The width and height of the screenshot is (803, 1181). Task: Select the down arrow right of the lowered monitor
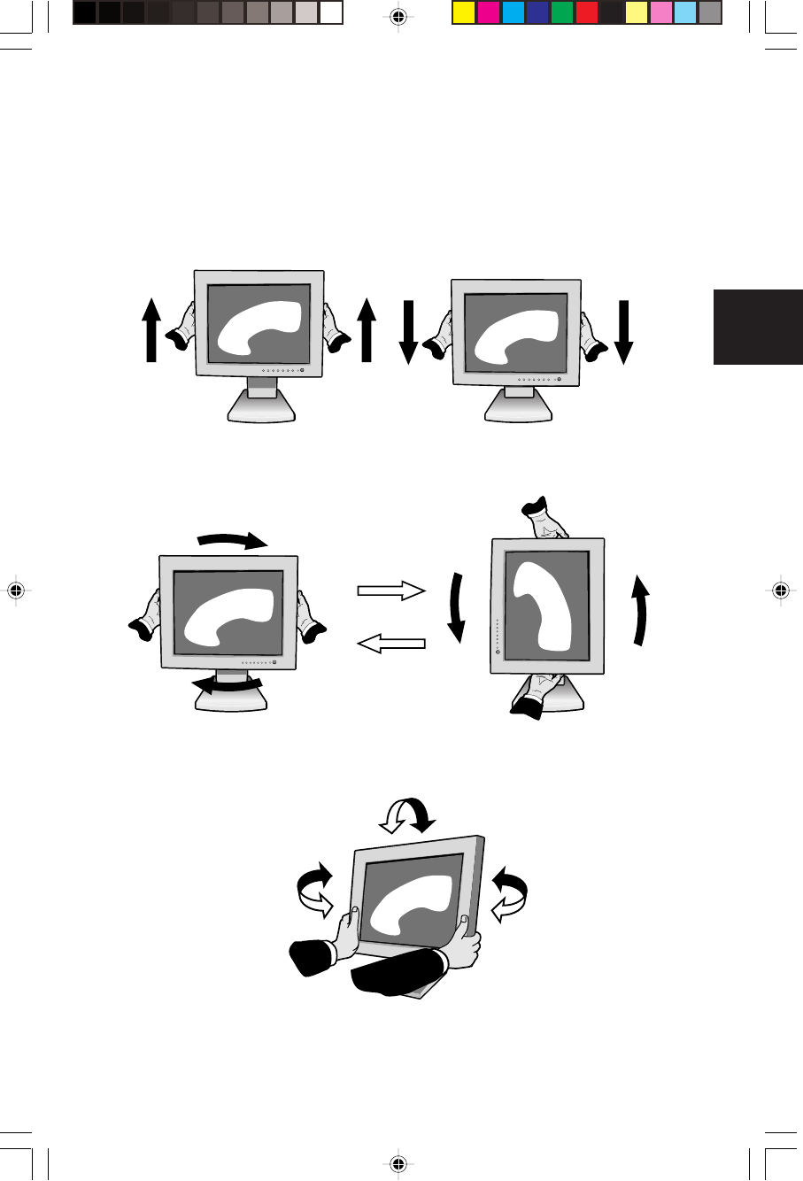click(623, 332)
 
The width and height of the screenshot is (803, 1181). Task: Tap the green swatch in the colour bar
click(561, 12)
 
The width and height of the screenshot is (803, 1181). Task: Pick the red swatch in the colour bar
click(586, 12)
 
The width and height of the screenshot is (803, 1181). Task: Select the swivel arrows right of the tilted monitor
click(509, 892)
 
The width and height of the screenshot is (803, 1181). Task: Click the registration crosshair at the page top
click(398, 17)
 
